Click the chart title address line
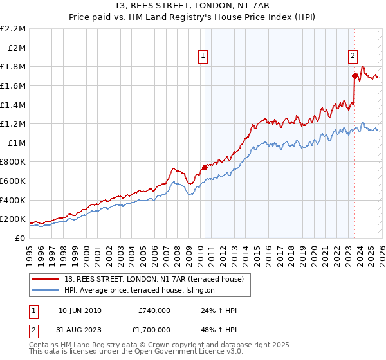[193, 6]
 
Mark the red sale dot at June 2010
[205, 167]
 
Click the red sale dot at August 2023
[354, 76]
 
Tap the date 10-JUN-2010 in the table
[79, 310]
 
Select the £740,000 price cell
[154, 310]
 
